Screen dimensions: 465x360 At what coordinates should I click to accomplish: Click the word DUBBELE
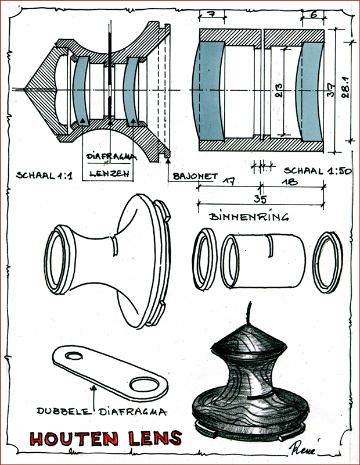click(63, 411)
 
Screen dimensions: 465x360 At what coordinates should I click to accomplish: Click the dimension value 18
click(293, 181)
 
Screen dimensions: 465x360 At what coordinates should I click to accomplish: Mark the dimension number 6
click(313, 13)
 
